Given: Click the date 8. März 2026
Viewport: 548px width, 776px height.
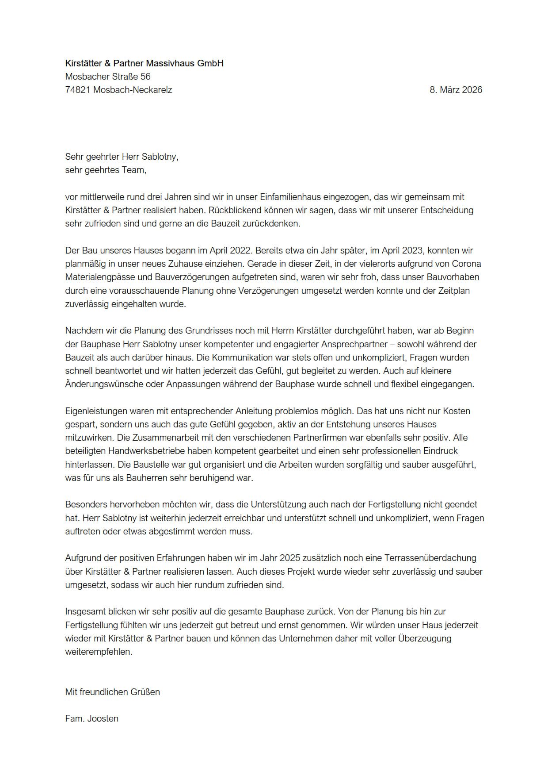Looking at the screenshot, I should coord(456,90).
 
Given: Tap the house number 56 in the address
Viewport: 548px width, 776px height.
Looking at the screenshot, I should coord(145,77).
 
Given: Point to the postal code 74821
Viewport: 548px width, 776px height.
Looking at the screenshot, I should coord(78,90).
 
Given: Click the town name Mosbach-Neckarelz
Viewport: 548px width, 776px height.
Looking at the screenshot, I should coord(133,90).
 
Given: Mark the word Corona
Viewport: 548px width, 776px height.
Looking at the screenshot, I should coord(466,264).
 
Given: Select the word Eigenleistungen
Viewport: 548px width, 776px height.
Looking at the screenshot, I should coord(97,411).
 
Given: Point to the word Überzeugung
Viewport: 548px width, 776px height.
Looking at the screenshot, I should coord(425,638).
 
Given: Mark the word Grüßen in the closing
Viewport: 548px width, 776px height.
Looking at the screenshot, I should coord(145,692).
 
